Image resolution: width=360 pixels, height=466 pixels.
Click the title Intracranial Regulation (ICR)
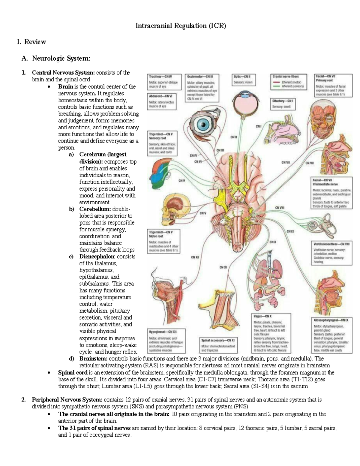point(181,26)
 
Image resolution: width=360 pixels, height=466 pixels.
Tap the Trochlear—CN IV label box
point(165,82)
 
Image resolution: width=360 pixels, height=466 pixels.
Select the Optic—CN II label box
point(244,80)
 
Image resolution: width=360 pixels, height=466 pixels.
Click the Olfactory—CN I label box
point(283,104)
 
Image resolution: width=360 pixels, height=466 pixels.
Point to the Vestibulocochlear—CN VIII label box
point(332,253)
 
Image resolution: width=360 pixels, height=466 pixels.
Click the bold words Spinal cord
point(73,373)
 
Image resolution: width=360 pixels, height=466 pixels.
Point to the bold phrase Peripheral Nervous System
point(67,400)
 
